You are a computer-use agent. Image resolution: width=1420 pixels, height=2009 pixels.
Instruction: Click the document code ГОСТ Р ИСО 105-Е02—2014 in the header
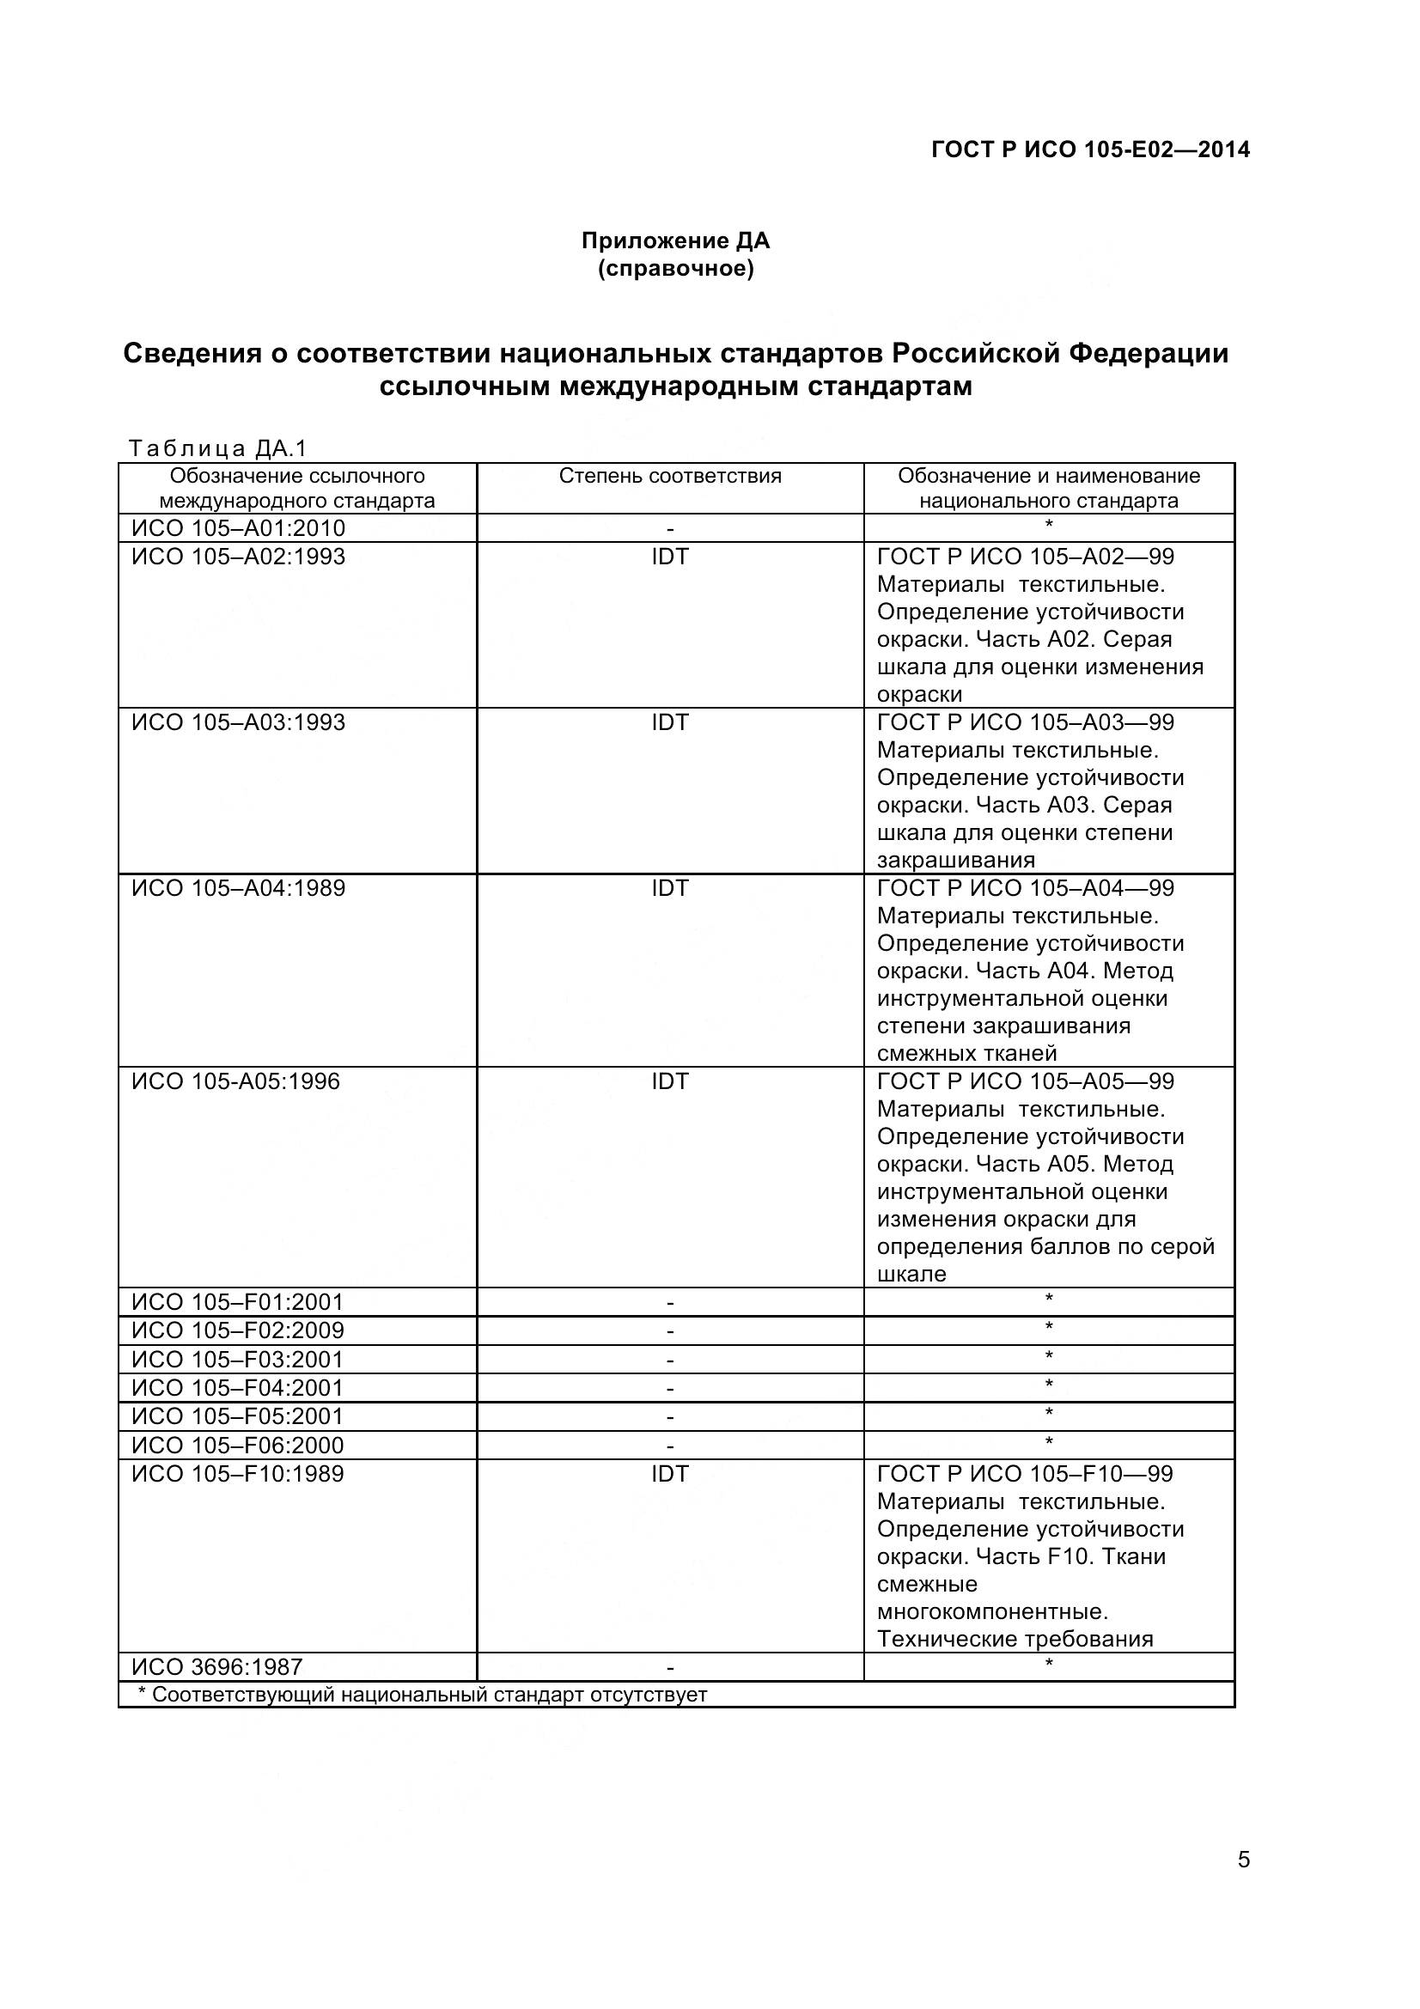click(x=1090, y=149)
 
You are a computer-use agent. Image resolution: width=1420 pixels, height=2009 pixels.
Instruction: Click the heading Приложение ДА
click(x=675, y=240)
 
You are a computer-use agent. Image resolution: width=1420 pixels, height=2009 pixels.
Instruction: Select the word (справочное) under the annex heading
click(x=675, y=269)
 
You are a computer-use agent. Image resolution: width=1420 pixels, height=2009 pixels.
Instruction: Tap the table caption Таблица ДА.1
click(x=218, y=449)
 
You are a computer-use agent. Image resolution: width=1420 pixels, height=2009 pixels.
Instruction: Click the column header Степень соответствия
click(x=670, y=476)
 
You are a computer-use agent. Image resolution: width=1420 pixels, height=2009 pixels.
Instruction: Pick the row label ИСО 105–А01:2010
click(x=239, y=528)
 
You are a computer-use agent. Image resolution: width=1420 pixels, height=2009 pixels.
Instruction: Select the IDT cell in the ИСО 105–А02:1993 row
click(x=670, y=557)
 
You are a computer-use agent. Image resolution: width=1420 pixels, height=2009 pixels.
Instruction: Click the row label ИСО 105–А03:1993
click(x=239, y=722)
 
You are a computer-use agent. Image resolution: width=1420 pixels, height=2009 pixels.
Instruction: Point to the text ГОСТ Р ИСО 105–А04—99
click(x=1026, y=888)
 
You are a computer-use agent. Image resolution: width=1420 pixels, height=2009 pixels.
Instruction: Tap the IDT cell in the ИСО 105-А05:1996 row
click(x=670, y=1081)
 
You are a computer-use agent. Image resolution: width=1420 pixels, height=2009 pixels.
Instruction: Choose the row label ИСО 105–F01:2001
click(x=238, y=1302)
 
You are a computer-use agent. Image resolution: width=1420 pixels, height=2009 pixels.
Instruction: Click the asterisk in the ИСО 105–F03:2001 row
click(x=1049, y=1357)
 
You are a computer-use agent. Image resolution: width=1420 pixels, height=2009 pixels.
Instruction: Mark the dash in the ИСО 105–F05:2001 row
click(x=670, y=1417)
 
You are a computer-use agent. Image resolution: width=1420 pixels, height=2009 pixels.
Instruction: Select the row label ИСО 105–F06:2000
click(x=238, y=1446)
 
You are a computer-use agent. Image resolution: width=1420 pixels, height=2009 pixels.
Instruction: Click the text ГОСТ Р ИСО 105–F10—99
click(x=1026, y=1475)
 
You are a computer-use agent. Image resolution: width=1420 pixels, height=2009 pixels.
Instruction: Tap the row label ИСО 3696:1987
click(x=217, y=1668)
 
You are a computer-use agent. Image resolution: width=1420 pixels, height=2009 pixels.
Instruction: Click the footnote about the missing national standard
click(x=423, y=1695)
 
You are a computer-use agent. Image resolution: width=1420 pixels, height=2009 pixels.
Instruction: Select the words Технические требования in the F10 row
click(x=1015, y=1640)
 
